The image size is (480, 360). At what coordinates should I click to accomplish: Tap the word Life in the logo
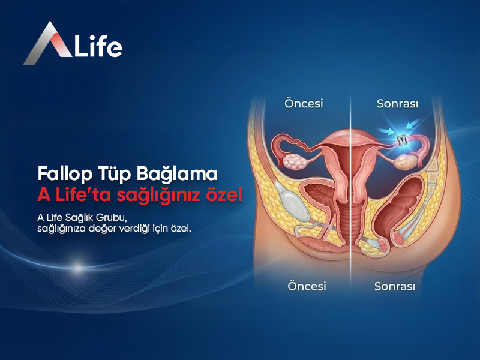97,46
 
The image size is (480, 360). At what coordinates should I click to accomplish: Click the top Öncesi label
304,103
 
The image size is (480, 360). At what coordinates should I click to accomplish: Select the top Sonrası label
397,103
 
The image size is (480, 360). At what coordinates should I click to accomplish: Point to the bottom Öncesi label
306,286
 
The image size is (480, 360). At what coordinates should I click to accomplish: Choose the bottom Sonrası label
395,286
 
